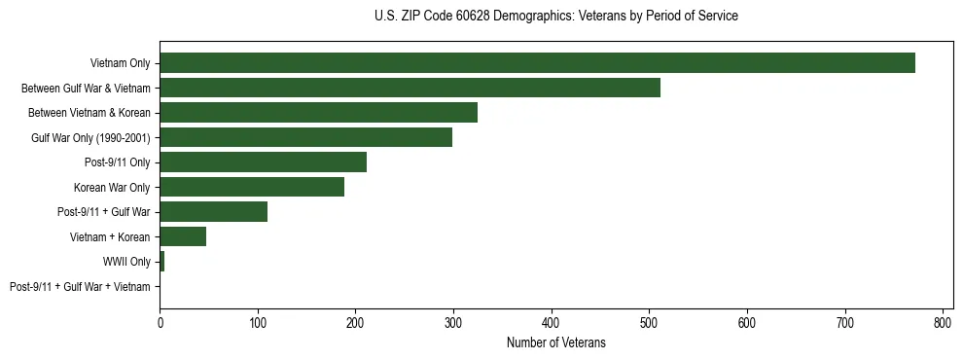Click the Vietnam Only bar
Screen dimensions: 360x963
pyautogui.click(x=537, y=63)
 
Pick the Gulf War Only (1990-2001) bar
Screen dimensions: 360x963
pyautogui.click(x=305, y=137)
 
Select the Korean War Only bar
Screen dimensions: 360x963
pyautogui.click(x=252, y=187)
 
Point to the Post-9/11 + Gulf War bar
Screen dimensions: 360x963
pyautogui.click(x=213, y=212)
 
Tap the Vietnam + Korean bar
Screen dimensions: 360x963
pyautogui.click(x=183, y=236)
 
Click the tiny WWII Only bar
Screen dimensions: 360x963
pyautogui.click(x=161, y=262)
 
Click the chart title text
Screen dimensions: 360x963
pyautogui.click(x=555, y=17)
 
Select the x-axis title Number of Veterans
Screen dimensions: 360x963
pyautogui.click(x=555, y=342)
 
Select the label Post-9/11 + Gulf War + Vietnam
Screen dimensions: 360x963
pyautogui.click(x=80, y=287)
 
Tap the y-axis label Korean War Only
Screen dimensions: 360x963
pyautogui.click(x=112, y=187)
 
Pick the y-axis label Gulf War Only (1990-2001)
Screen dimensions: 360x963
pyautogui.click(x=90, y=137)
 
